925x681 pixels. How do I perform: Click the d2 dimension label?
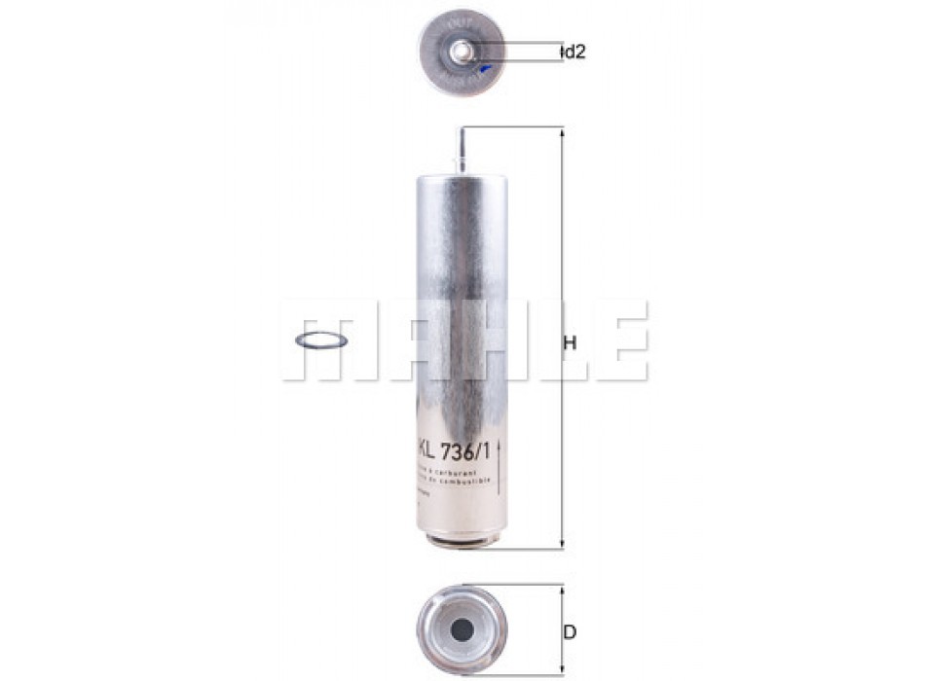(x=574, y=53)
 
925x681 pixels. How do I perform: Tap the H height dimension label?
(x=571, y=342)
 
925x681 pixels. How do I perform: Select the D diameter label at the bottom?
(x=571, y=632)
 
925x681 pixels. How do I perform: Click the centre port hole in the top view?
(x=464, y=51)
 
